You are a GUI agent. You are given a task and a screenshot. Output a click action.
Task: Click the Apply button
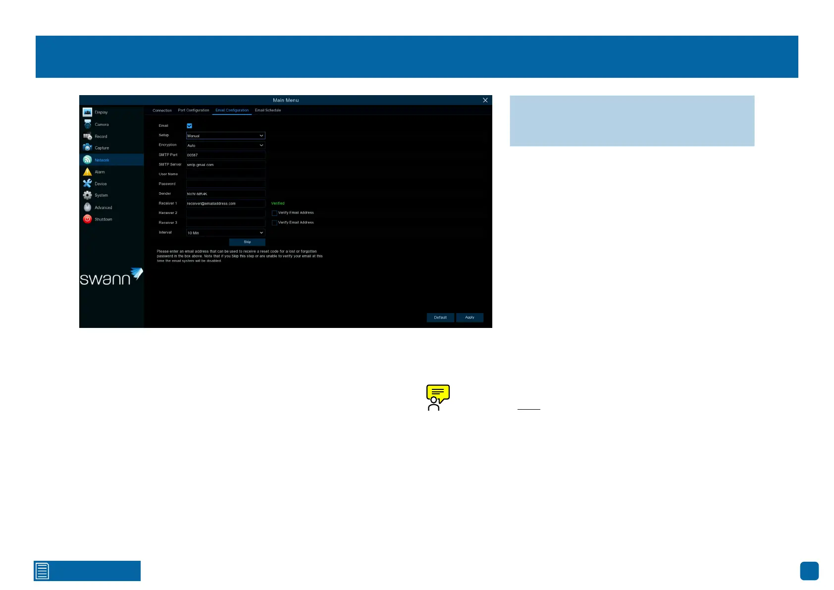tap(469, 318)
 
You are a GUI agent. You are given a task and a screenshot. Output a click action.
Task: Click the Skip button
tap(247, 242)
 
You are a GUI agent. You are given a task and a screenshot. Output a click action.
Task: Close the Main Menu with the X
tap(485, 100)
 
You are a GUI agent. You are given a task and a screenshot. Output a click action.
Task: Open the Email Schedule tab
tap(268, 110)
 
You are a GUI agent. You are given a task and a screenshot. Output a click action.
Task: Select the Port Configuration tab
tap(194, 110)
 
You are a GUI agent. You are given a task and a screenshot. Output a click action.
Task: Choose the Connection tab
tap(162, 110)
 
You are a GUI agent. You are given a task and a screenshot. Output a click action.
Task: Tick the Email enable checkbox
tap(189, 126)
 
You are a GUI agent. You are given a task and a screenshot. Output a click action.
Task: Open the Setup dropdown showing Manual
tap(225, 136)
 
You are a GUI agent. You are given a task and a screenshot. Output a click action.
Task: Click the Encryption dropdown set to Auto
tap(225, 146)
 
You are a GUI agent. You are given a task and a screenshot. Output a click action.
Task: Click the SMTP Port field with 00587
tap(225, 155)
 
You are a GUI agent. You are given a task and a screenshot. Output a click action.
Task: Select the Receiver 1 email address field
tap(225, 204)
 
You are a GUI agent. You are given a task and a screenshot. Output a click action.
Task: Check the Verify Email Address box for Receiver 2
tap(274, 213)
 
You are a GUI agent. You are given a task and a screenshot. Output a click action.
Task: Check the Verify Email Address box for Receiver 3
tap(274, 223)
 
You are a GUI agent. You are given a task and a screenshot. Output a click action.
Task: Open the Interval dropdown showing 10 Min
tap(225, 233)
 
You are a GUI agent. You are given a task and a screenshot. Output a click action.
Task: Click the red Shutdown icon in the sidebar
tap(88, 219)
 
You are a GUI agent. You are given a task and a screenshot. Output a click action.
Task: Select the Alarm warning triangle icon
tap(88, 172)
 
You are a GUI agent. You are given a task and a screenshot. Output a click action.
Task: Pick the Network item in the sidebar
tap(102, 160)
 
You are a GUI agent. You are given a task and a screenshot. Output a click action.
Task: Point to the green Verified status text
tap(278, 204)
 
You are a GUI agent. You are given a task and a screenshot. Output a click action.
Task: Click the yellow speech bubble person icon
tap(438, 397)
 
